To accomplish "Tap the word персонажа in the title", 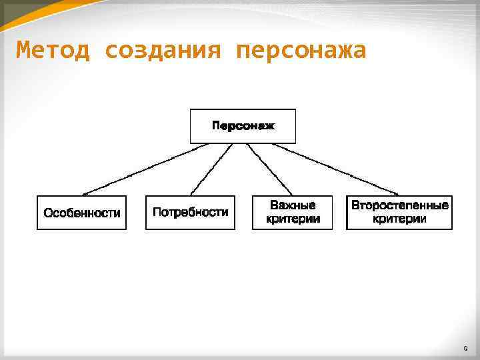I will coord(301,51).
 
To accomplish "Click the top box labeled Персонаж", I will coord(243,126).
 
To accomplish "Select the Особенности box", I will coord(81,213).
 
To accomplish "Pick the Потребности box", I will coord(190,213).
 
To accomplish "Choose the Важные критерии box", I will coord(293,213).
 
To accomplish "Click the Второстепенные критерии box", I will coord(399,213).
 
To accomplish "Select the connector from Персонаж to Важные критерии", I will coord(269,170).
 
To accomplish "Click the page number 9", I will coord(465,349).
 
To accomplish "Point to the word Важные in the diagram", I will coord(293,205).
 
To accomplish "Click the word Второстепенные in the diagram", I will coord(399,205).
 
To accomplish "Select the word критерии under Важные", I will coord(293,219).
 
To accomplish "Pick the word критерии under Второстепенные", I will coord(399,219).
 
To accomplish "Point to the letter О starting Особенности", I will coord(48,213).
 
